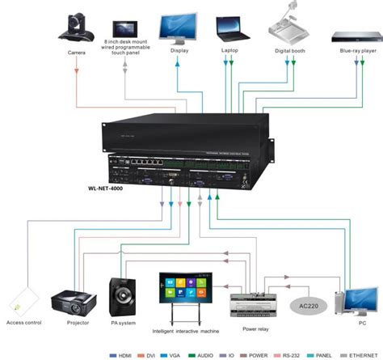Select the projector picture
tap(74, 303)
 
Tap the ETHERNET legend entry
tap(362, 354)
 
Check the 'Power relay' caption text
tap(255, 328)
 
